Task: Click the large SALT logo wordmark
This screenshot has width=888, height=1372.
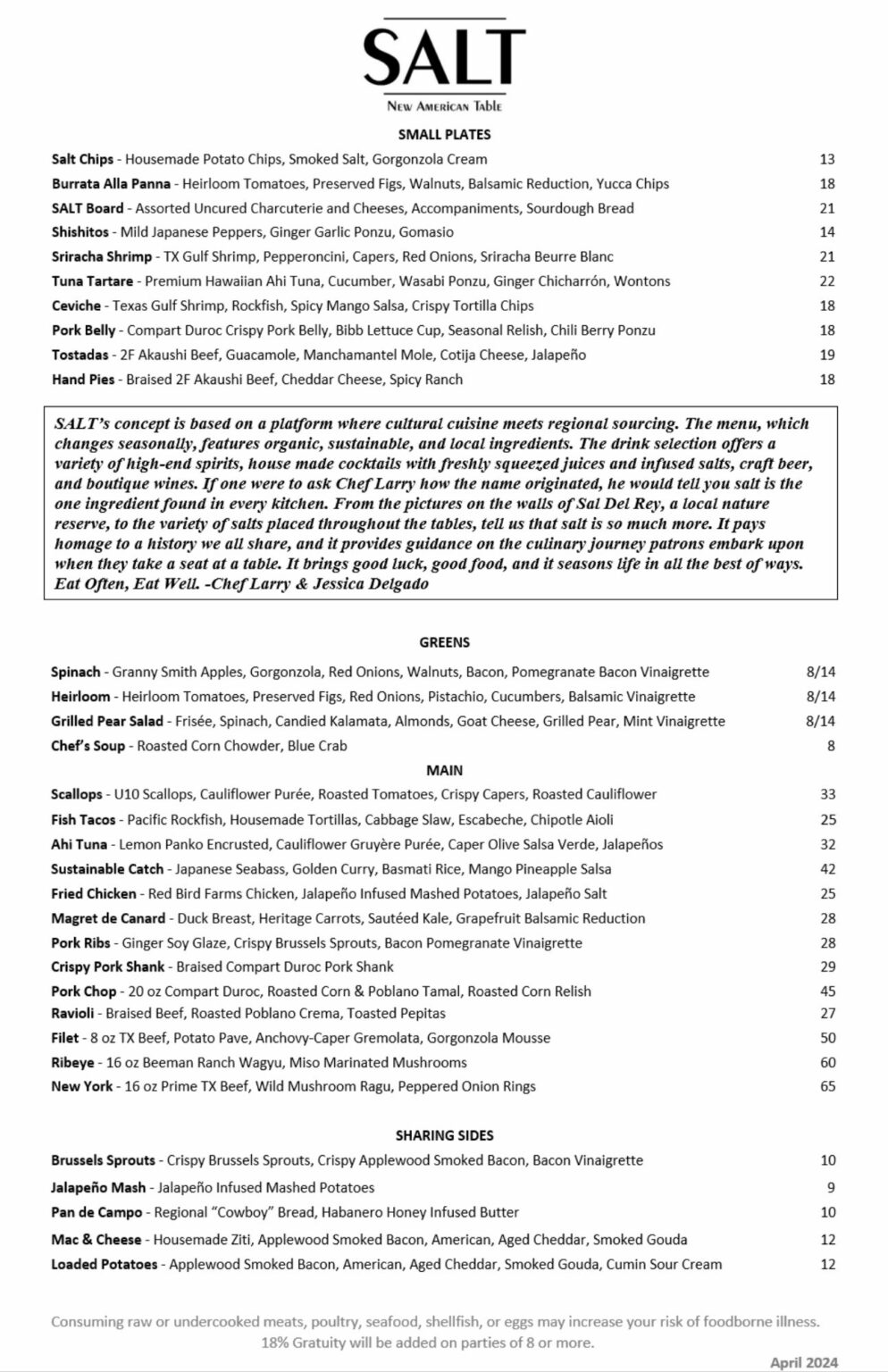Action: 444,56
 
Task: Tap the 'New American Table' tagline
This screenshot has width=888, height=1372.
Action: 444,106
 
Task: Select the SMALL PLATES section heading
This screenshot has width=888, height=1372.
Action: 444,135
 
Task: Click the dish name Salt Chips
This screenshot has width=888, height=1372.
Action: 82,160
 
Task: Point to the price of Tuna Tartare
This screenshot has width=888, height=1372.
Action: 826,281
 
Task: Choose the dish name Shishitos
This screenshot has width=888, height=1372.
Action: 81,232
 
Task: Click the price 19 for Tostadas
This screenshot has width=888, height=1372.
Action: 826,355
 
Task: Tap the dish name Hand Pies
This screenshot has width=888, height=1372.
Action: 83,380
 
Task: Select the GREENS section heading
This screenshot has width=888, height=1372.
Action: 444,642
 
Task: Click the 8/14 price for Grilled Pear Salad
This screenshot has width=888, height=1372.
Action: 820,721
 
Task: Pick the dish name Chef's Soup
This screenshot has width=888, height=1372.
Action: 88,746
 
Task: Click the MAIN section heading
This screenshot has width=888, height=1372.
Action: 444,770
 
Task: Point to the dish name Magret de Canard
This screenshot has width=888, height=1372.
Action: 108,918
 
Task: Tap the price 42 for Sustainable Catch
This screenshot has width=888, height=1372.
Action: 827,869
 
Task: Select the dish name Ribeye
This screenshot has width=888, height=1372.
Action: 71,1063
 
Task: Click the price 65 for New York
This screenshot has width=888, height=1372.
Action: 827,1087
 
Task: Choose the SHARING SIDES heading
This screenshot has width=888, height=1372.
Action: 444,1136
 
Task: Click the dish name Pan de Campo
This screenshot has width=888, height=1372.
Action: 96,1213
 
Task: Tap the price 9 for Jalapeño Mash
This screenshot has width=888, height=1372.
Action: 831,1188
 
